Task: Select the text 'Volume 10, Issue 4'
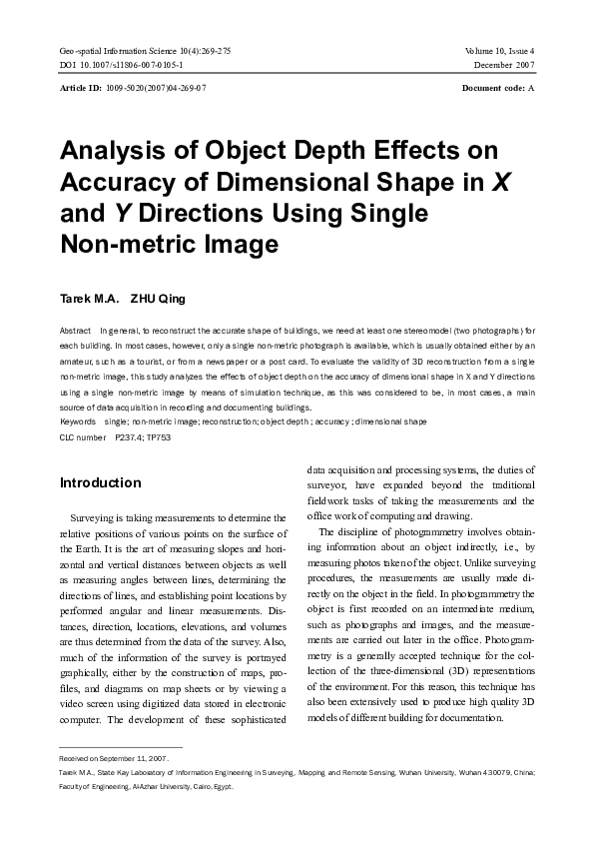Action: coord(499,50)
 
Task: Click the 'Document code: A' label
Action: coord(498,89)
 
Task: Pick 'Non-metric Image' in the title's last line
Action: coord(169,244)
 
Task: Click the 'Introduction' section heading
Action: coord(101,483)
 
